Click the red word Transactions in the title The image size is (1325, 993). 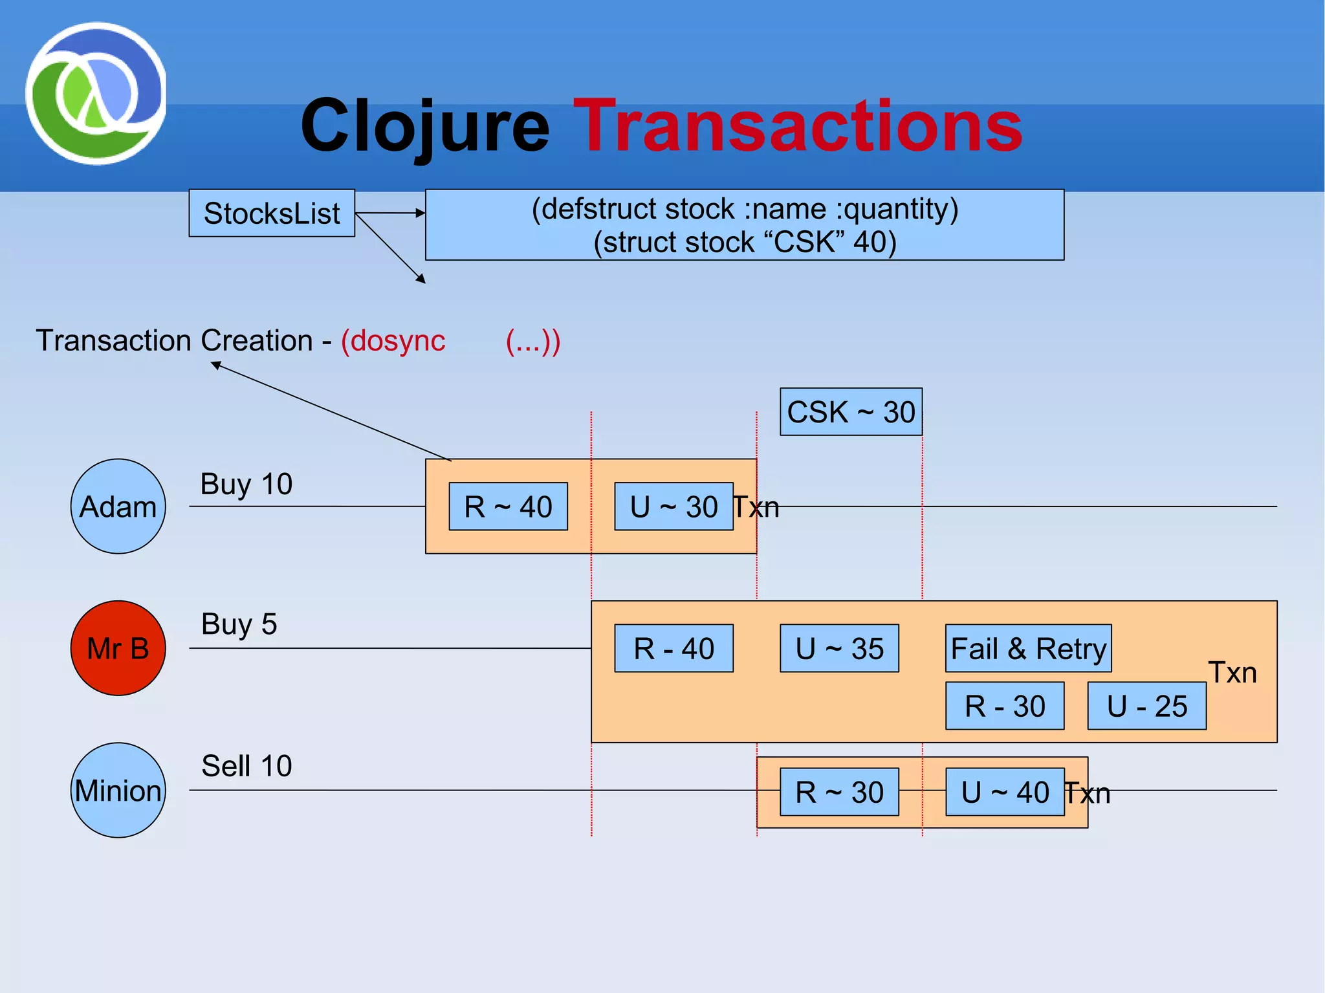[x=797, y=125]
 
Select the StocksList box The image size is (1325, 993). [x=272, y=213]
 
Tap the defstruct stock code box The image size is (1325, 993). [x=744, y=224]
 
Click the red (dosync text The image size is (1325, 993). [x=393, y=340]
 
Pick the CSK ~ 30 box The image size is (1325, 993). [x=851, y=411]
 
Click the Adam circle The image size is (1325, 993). [x=118, y=506]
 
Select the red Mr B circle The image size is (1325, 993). [x=118, y=648]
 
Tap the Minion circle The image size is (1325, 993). [x=118, y=790]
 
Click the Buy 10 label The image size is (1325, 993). [x=246, y=484]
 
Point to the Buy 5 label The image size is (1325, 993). [x=239, y=624]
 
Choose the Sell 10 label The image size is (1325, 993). [x=246, y=766]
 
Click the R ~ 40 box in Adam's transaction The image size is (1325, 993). [x=508, y=506]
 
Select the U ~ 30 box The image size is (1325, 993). [x=673, y=506]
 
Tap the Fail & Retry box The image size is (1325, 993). [x=1028, y=648]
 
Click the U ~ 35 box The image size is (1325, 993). [x=839, y=648]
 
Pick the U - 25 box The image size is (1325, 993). [x=1146, y=706]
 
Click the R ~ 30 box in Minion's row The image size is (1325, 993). [x=839, y=792]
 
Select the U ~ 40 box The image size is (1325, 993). [x=1005, y=792]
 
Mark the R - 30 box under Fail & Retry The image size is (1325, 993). [x=1005, y=706]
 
